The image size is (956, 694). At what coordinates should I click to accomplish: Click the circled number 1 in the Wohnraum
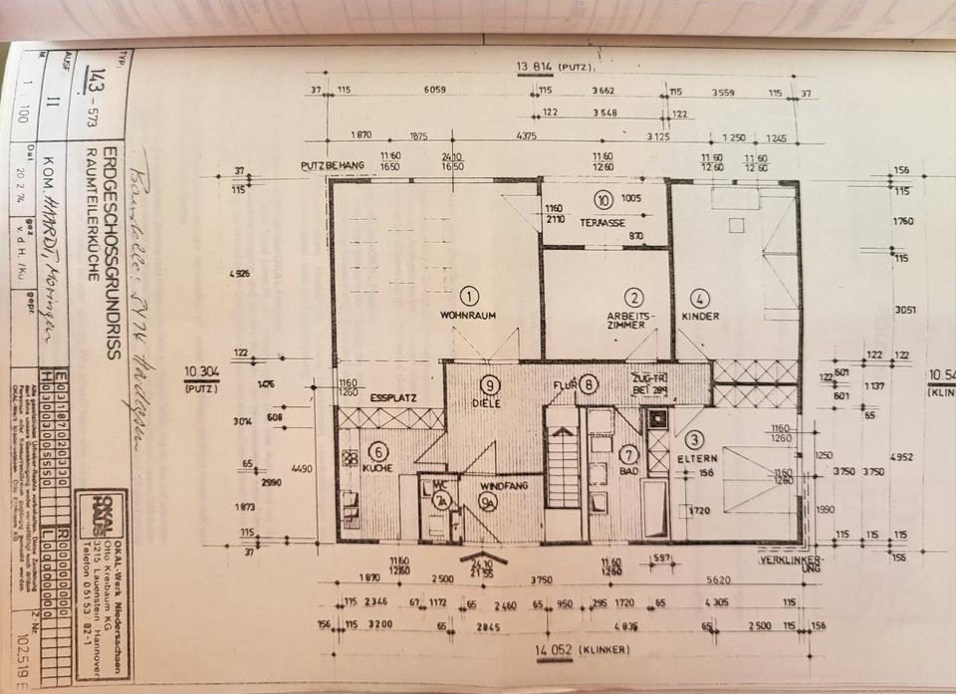(469, 295)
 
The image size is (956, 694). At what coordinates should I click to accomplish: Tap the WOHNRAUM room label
(468, 316)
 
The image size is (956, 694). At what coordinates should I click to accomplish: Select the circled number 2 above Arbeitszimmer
(633, 296)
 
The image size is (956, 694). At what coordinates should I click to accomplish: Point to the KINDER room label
(700, 316)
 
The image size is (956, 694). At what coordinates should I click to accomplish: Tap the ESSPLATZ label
(392, 397)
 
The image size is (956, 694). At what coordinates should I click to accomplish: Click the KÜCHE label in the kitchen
(377, 467)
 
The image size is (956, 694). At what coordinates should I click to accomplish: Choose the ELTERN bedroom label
(693, 460)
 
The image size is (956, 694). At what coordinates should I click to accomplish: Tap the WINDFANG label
(497, 486)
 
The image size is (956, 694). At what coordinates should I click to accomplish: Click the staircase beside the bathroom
(564, 468)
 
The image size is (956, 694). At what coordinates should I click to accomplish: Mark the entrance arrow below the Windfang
(483, 557)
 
